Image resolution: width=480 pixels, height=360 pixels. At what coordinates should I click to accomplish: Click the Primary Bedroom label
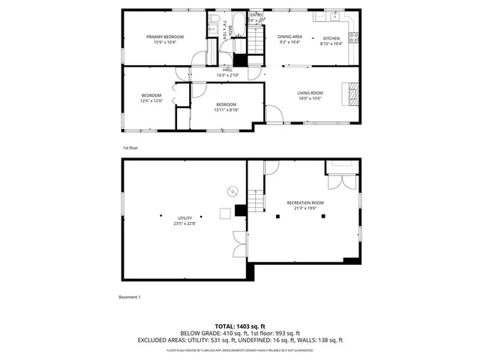(x=165, y=37)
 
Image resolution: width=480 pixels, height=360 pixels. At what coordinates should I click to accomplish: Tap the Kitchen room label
(x=331, y=38)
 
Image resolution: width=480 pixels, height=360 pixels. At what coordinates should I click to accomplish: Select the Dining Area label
(x=289, y=37)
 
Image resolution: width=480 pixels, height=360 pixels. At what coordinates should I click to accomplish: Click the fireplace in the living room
(x=351, y=93)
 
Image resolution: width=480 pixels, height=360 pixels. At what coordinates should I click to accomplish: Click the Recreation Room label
(x=305, y=202)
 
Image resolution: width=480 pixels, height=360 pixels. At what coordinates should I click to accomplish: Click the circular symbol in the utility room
(x=231, y=190)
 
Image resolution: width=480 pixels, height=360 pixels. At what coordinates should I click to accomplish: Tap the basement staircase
(x=257, y=199)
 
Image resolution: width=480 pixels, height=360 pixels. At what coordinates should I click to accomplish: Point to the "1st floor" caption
(x=130, y=148)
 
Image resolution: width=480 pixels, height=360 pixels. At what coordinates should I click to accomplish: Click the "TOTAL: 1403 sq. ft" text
(x=240, y=326)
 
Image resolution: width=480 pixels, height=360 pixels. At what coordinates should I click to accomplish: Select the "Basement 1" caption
(x=130, y=297)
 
